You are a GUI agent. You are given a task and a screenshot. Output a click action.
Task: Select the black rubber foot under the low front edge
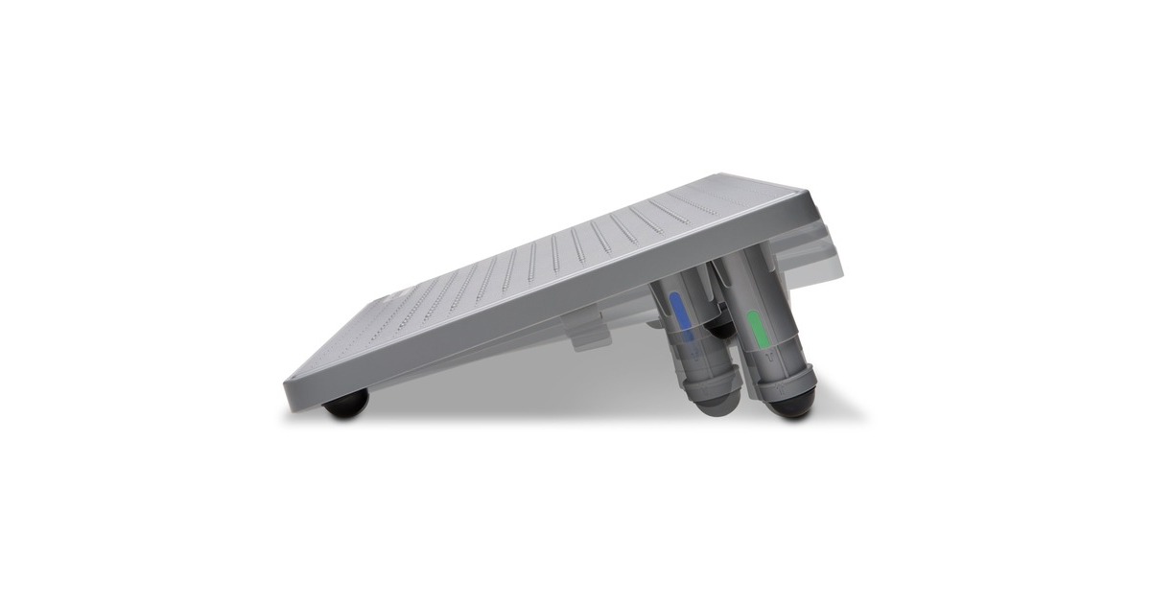tap(346, 404)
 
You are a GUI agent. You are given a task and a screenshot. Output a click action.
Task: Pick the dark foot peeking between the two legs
tap(721, 329)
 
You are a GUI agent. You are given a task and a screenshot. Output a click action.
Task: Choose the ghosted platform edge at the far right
tap(831, 259)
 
